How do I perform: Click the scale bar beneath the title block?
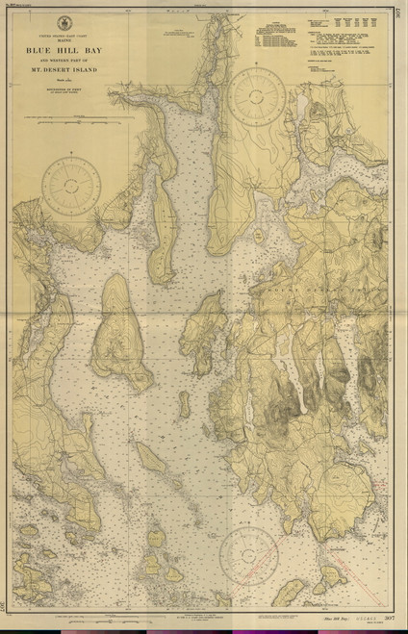[74, 123]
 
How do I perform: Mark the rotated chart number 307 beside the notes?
[398, 17]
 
